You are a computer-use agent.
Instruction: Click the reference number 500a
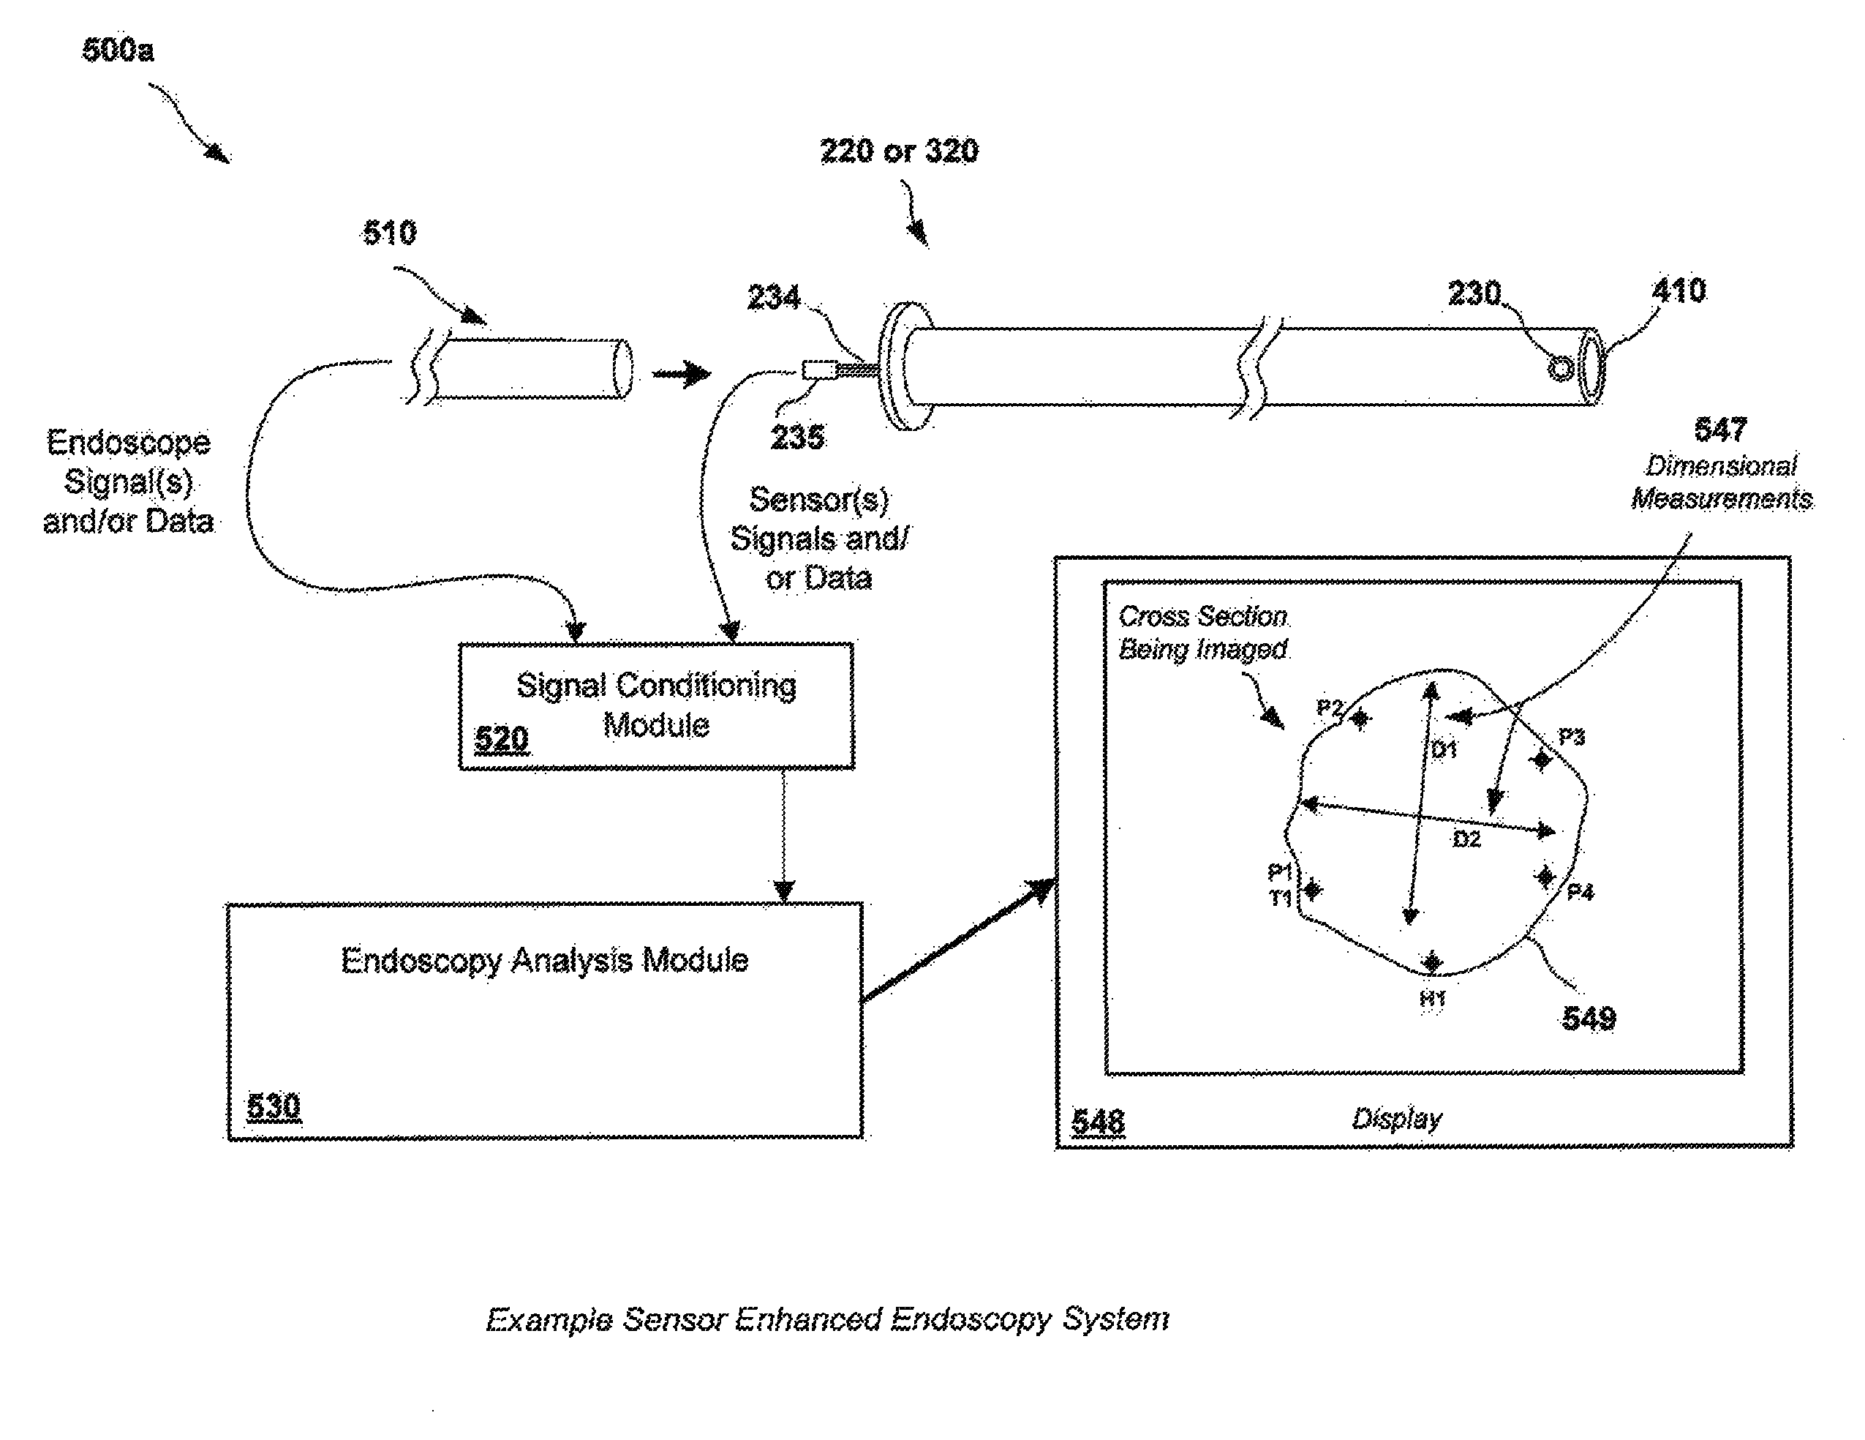click(118, 50)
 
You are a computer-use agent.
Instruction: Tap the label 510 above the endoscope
click(389, 232)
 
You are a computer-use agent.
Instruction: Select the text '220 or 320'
click(899, 151)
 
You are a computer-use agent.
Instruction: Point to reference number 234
click(774, 297)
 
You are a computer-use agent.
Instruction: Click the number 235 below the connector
click(798, 438)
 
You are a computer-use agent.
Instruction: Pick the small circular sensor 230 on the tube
click(1561, 369)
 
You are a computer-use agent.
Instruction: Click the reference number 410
click(1678, 291)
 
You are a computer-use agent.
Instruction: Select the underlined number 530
click(274, 1106)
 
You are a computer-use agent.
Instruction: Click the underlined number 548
click(1099, 1122)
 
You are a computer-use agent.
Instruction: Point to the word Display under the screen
click(1397, 1119)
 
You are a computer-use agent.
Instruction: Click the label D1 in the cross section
click(1443, 750)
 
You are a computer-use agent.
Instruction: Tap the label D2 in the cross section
click(1466, 839)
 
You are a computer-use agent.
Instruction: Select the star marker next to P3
click(1541, 759)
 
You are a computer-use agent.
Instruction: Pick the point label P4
click(1580, 893)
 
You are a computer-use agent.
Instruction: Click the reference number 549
click(1589, 1018)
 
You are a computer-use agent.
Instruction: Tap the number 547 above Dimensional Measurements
click(1720, 430)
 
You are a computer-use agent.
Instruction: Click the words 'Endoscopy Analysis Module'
click(545, 961)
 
